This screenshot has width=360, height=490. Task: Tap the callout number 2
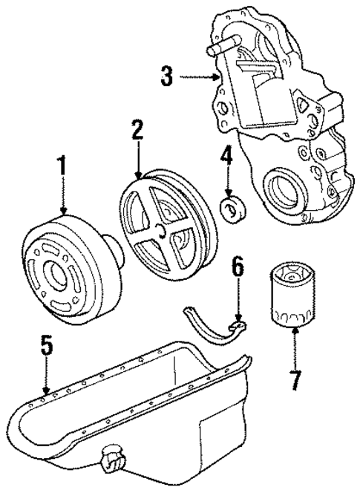click(x=137, y=131)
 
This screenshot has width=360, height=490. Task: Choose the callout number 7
click(x=295, y=380)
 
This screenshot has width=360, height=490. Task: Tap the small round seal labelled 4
click(x=234, y=209)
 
